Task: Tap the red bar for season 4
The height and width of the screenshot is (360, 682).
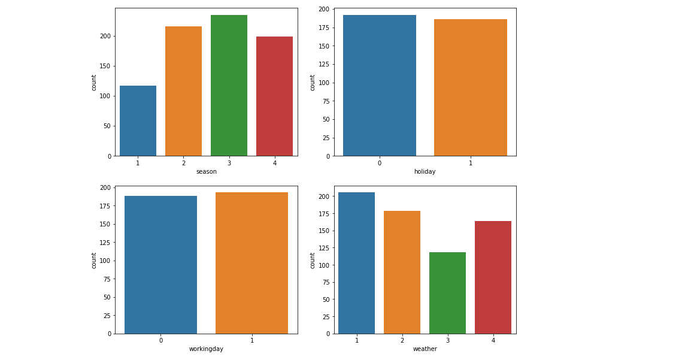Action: [274, 96]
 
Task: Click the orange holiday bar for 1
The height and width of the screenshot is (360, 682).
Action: [470, 87]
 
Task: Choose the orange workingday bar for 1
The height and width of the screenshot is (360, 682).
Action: [251, 263]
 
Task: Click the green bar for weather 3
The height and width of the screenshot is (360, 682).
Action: [447, 293]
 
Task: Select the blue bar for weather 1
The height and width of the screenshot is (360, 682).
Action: [356, 263]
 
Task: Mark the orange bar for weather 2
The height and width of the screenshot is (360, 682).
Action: [402, 272]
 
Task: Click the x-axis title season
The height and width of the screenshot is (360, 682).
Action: [207, 172]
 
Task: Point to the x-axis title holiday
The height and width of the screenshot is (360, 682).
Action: [425, 172]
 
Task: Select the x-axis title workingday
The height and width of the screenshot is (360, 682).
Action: [206, 349]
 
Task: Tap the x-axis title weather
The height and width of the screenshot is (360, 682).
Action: [425, 349]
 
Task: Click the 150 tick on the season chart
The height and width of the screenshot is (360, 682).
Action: [105, 66]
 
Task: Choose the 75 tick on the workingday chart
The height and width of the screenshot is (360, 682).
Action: [107, 279]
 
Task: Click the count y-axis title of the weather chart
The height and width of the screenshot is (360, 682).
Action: [313, 260]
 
